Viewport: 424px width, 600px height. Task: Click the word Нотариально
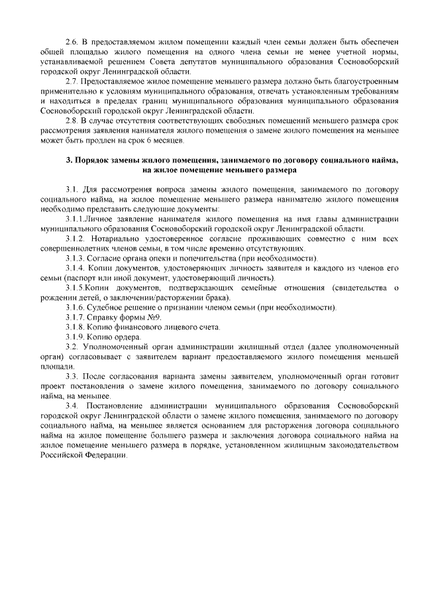tap(116, 238)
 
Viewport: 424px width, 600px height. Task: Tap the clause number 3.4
tap(71, 404)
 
